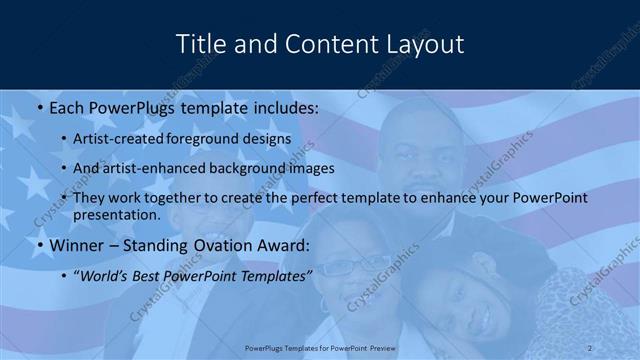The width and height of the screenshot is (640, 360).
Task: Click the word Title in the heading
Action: click(200, 44)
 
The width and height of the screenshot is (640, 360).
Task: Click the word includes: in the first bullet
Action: click(284, 107)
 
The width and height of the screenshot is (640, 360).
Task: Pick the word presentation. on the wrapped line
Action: click(117, 214)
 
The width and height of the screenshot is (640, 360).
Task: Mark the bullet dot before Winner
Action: click(39, 245)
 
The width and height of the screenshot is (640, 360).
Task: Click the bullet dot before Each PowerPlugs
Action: click(39, 107)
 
